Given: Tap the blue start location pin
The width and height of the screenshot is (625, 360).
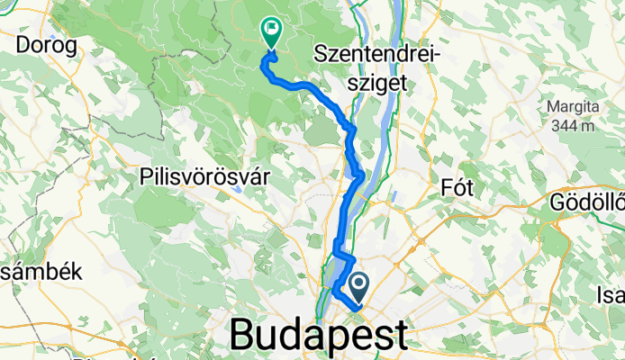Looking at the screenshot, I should (358, 287).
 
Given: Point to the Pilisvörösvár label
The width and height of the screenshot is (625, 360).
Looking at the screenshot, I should (206, 177).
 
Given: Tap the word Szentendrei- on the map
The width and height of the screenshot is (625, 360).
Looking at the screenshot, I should (377, 55).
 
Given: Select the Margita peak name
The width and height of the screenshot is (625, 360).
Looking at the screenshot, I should (572, 107).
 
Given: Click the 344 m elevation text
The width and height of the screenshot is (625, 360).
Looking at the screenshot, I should (571, 126).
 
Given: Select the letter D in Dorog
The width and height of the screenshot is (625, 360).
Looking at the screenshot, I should (23, 45).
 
